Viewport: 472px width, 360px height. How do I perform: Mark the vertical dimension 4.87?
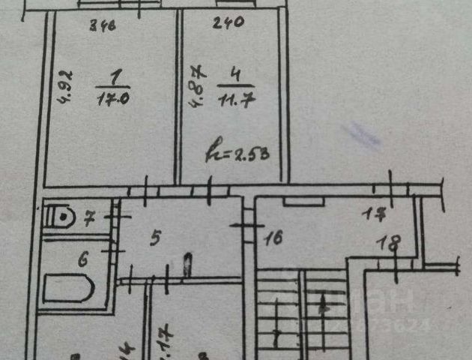tap(198, 87)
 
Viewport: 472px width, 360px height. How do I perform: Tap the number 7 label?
tap(88, 220)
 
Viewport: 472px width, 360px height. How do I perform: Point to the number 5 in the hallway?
tap(156, 239)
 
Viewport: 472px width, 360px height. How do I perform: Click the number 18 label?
tap(389, 244)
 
